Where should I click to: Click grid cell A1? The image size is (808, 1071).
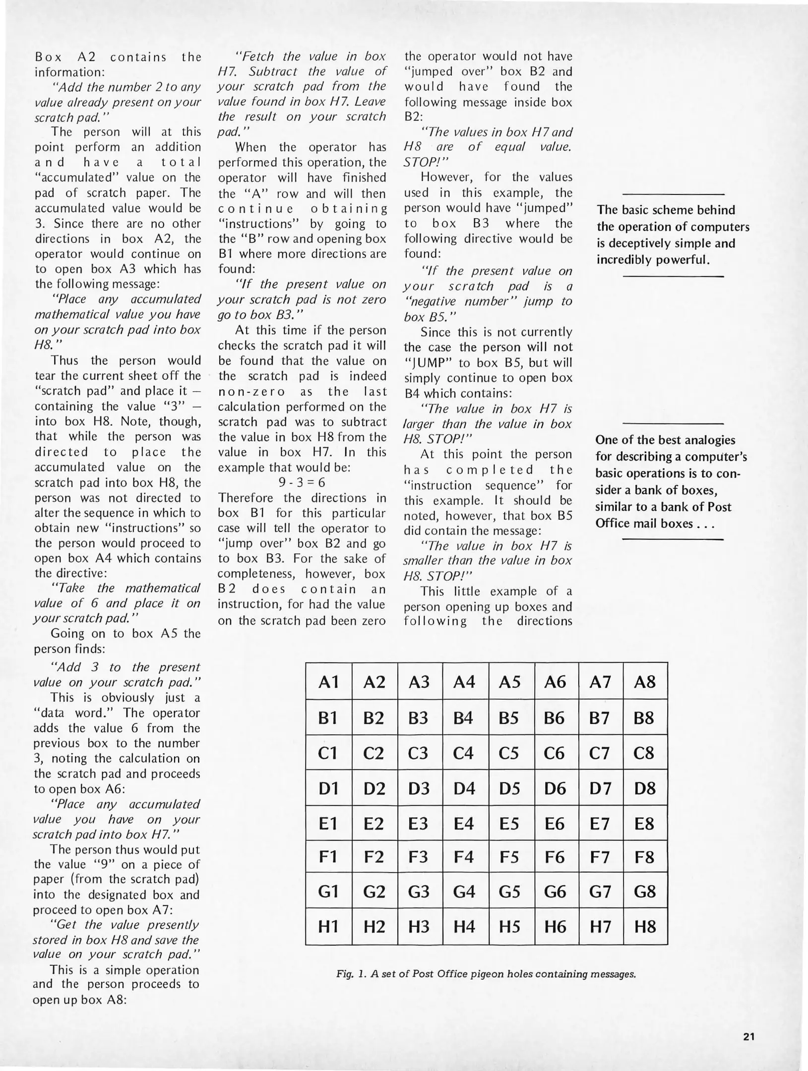coord(328,682)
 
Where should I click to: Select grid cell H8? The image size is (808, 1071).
coord(645,927)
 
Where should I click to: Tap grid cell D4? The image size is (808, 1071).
coord(464,788)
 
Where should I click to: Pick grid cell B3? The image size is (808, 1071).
coord(418,718)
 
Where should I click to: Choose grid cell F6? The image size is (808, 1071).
coord(555,857)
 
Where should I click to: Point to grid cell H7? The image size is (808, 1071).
coord(600,927)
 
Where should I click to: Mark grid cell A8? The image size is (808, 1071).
coord(645,682)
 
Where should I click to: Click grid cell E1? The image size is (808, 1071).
coord(328,824)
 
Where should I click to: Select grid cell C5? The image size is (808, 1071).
coord(509,753)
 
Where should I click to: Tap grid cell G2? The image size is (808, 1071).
coord(373,892)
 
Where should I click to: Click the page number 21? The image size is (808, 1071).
coord(749,1036)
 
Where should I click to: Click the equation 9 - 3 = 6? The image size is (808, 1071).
coord(302,482)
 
